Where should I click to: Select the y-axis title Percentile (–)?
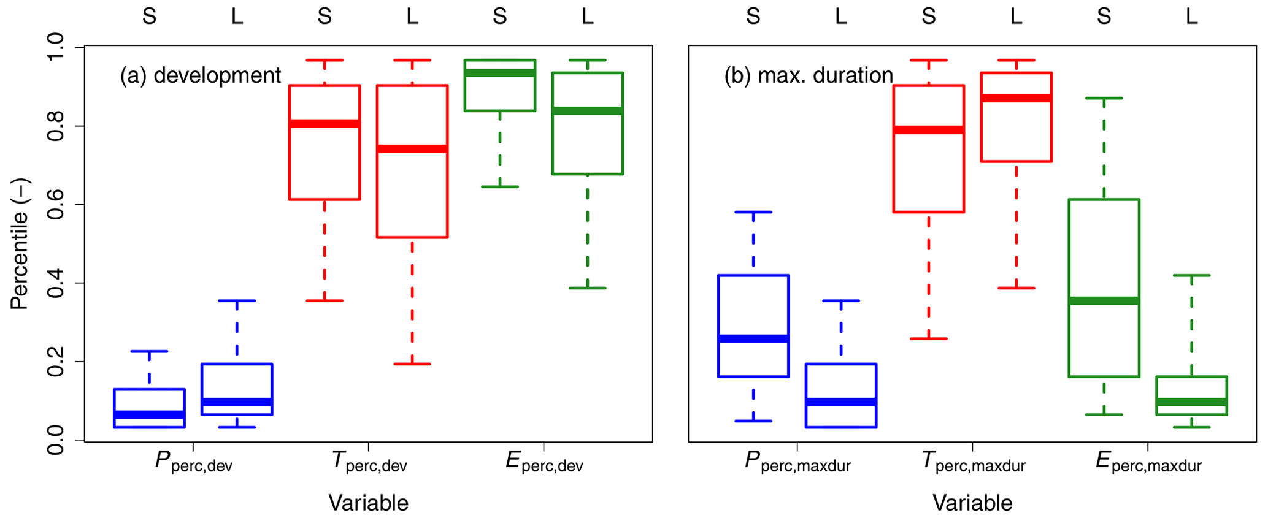tap(19, 244)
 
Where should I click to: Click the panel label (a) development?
tap(201, 75)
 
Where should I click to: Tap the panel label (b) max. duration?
tap(809, 75)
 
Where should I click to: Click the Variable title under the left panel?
tap(369, 503)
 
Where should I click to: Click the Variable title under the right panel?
tap(973, 503)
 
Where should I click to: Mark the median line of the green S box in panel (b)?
tap(1104, 300)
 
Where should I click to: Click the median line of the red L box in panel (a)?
tap(412, 148)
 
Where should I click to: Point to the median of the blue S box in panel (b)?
tap(753, 338)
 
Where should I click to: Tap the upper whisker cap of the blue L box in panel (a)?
tap(237, 300)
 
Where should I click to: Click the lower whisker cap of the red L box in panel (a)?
tap(412, 364)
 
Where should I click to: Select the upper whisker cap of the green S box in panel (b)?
tap(1104, 98)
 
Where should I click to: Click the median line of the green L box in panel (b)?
tap(1191, 402)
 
